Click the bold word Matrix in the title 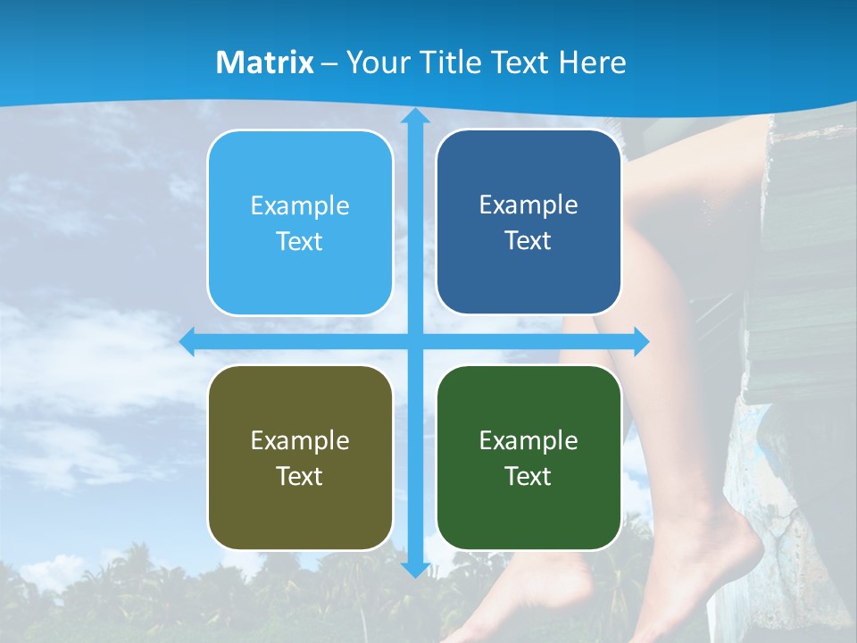coord(265,63)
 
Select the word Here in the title coord(592,63)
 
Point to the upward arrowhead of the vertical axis coord(414,117)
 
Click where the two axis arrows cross coord(414,341)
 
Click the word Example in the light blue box coord(300,206)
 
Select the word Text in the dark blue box coord(528,241)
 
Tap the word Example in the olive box coord(300,440)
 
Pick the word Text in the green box coord(528,476)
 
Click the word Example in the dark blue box coord(528,205)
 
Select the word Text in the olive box coord(300,476)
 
